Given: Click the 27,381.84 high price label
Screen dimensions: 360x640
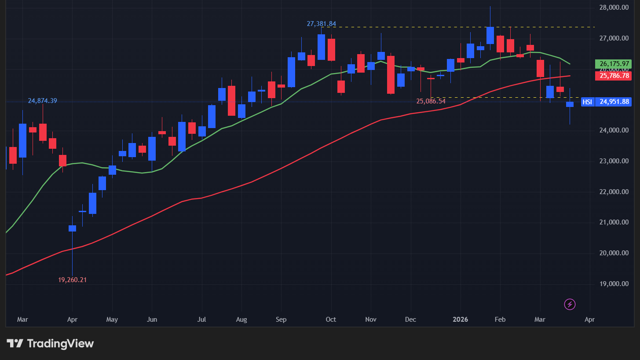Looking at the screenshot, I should click(321, 24).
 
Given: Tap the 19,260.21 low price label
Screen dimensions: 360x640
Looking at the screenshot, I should click(72, 279).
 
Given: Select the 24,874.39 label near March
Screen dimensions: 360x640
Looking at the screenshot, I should click(42, 101).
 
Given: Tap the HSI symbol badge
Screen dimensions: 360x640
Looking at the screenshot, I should click(587, 102).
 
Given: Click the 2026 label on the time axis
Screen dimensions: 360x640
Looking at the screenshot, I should click(461, 319).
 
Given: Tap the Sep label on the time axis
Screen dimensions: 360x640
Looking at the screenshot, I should click(282, 319).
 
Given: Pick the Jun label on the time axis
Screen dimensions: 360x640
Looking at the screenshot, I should click(151, 319).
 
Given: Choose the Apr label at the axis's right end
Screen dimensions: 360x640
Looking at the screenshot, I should click(589, 319).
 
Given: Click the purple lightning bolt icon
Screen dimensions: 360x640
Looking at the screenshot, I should click(570, 304).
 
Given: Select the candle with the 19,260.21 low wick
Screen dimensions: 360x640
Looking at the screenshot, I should click(72, 228).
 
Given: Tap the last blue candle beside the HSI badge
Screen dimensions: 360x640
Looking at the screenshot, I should click(570, 104).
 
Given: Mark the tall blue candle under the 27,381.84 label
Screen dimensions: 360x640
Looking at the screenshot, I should click(321, 47).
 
